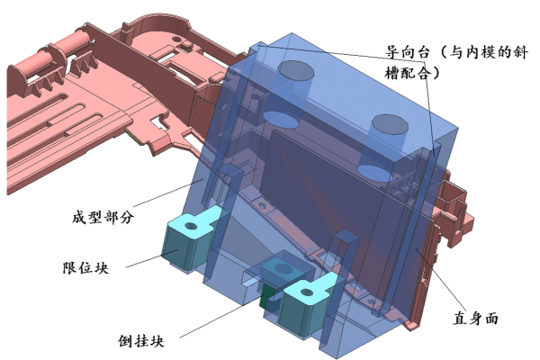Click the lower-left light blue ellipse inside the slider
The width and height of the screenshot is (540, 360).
(x=279, y=118)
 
